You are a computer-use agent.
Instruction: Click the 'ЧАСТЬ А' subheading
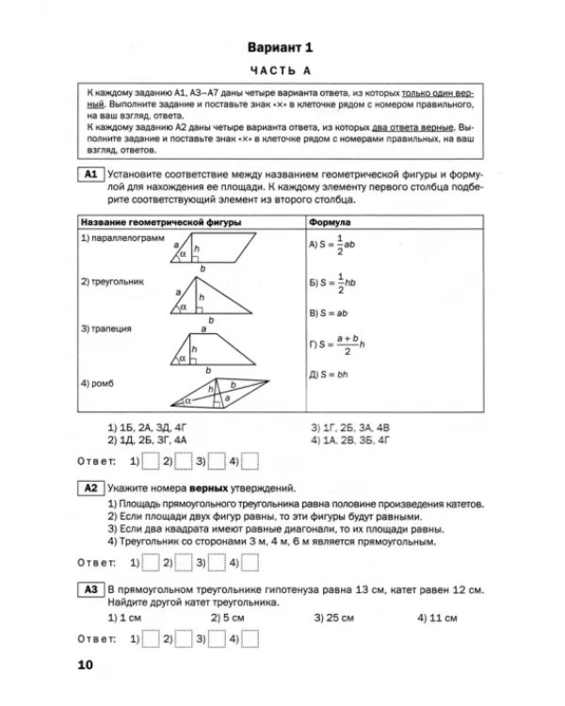point(282,72)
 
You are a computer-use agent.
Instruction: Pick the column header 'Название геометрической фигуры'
point(160,222)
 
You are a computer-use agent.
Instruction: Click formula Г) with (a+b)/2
point(339,344)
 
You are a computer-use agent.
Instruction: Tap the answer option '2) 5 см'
point(228,618)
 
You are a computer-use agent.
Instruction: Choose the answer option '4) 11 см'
point(437,618)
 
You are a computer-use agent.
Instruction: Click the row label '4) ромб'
point(99,383)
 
